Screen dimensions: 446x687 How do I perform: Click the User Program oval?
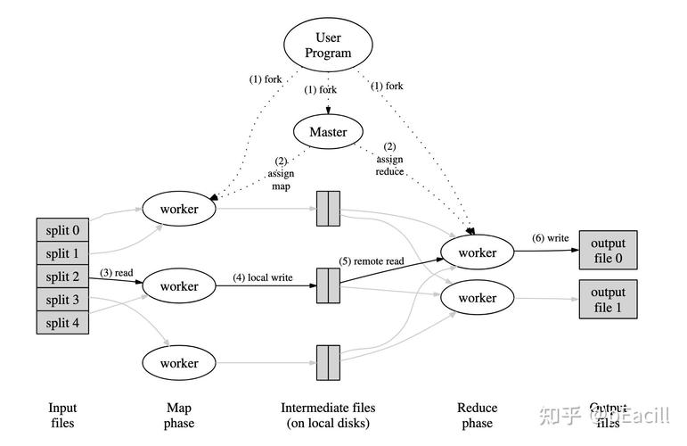tap(328, 45)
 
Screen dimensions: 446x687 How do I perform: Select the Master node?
tap(328, 132)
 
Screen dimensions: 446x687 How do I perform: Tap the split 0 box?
tap(62, 229)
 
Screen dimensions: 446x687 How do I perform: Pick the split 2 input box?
tap(62, 277)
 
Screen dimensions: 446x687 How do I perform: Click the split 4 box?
tap(62, 322)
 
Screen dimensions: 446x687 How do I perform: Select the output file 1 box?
tap(608, 300)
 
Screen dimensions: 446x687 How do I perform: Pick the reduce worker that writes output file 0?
tap(478, 252)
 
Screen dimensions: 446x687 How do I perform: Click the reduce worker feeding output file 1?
tap(478, 297)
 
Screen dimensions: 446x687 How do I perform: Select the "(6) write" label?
tap(549, 238)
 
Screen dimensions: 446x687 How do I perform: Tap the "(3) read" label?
tap(118, 272)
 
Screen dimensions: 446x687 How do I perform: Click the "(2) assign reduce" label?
tap(389, 158)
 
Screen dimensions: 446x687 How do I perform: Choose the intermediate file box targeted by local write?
tap(328, 285)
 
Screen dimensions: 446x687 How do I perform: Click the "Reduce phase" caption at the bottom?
tap(478, 415)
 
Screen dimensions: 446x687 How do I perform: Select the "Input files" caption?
tap(62, 415)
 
